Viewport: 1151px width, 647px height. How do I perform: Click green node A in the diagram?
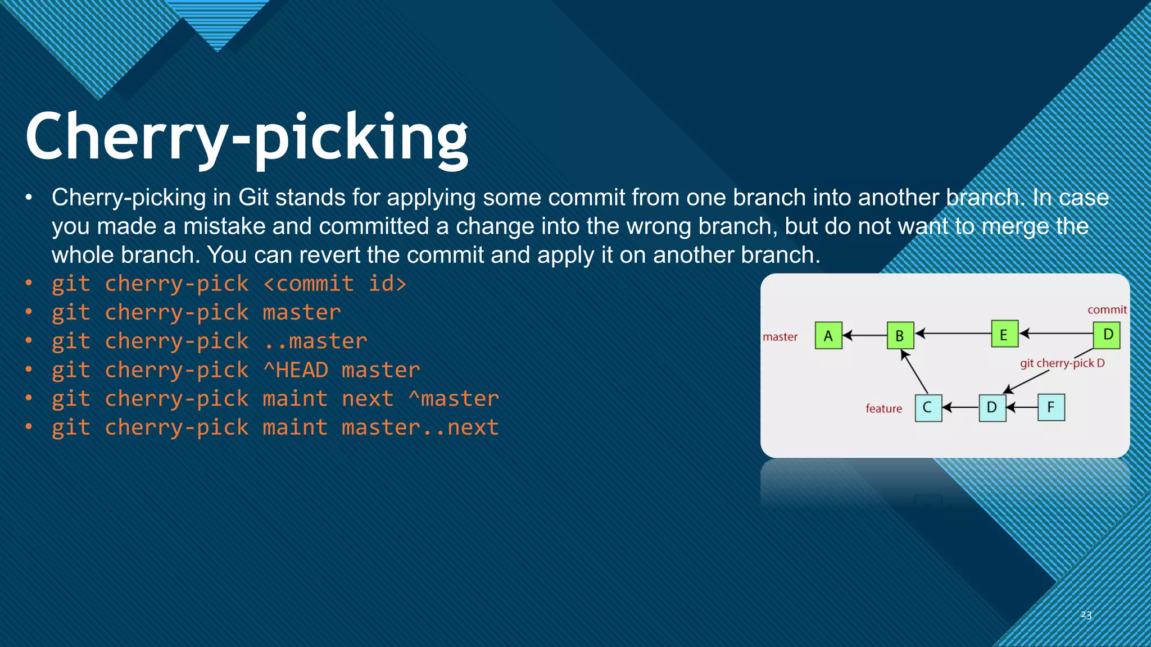click(x=828, y=335)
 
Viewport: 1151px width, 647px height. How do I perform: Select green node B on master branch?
click(x=900, y=335)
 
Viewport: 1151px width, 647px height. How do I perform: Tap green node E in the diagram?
click(x=1004, y=334)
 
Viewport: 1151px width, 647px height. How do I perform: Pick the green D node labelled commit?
click(x=1107, y=335)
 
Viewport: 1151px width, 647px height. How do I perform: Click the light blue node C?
click(x=928, y=408)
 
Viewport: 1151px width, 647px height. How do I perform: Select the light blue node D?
click(x=992, y=408)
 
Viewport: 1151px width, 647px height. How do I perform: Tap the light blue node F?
click(x=1051, y=408)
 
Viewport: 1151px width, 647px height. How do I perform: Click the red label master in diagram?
click(x=780, y=337)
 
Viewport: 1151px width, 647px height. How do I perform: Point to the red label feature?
click(x=883, y=408)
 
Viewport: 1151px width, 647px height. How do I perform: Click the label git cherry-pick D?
click(x=1062, y=363)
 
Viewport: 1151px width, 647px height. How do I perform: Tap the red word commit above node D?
click(x=1107, y=309)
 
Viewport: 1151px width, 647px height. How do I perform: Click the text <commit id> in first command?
click(x=334, y=284)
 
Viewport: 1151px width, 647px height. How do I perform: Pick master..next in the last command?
click(x=420, y=427)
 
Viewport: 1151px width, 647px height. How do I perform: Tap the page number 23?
click(x=1086, y=615)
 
